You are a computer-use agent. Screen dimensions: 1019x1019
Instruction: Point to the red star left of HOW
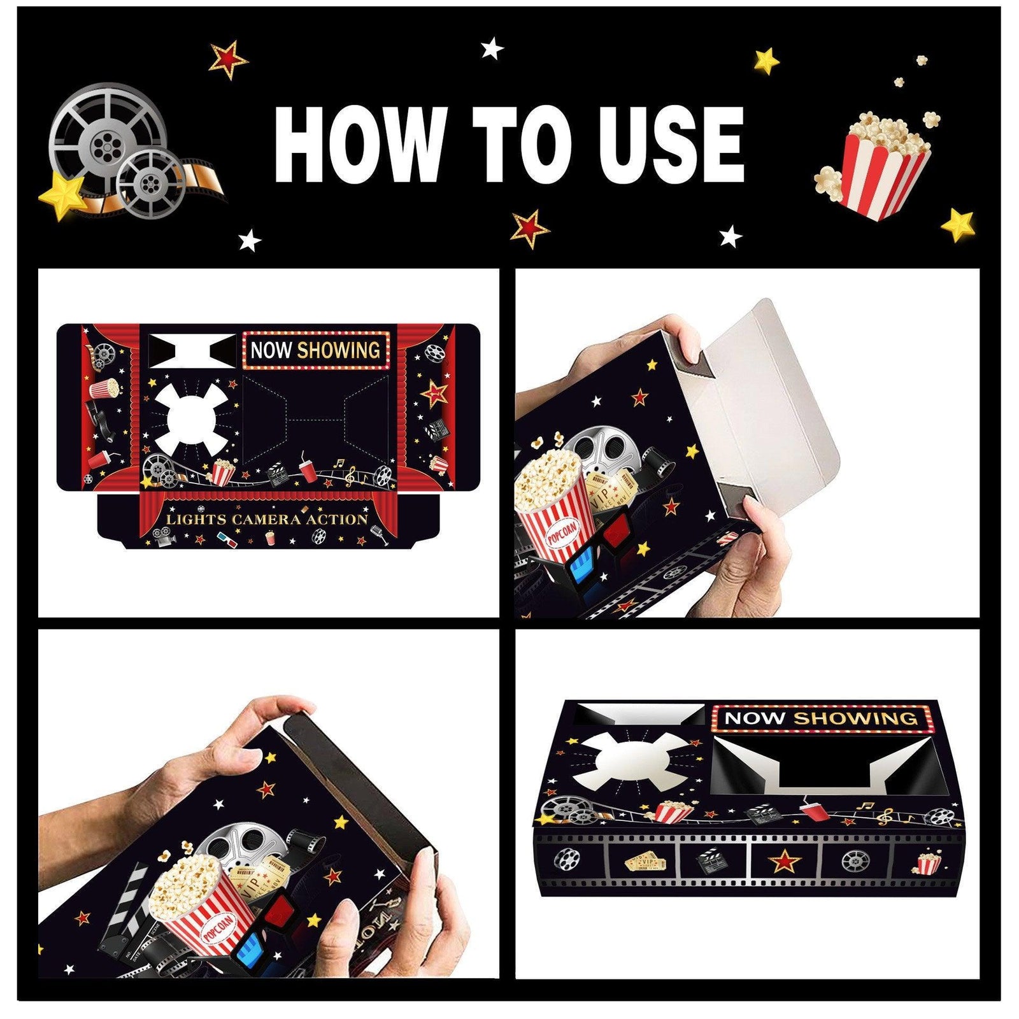229,58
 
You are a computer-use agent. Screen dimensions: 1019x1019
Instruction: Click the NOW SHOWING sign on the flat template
315,350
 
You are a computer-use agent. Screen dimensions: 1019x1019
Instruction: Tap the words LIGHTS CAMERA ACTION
267,519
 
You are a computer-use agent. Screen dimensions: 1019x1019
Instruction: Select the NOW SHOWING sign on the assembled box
822,718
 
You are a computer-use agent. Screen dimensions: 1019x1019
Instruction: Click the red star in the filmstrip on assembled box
785,862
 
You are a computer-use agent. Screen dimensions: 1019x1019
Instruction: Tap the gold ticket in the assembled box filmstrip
646,863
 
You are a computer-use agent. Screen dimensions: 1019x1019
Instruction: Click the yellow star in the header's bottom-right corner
957,224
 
